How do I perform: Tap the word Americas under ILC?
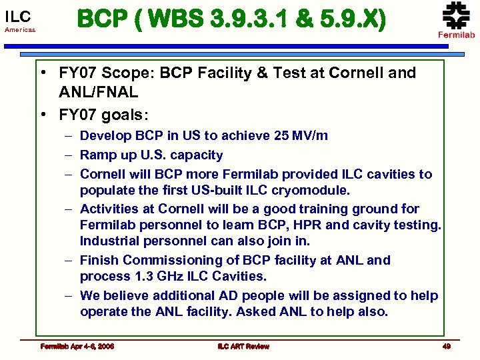point(21,31)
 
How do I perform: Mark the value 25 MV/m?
point(301,135)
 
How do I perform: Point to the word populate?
point(107,190)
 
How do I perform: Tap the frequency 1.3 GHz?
point(160,276)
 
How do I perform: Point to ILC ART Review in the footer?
point(243,346)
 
